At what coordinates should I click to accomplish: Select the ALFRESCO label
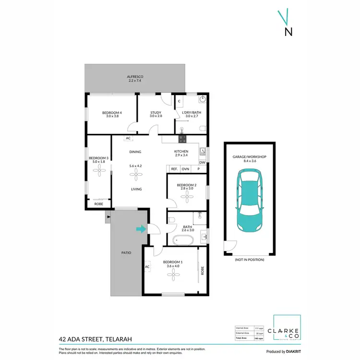pyautogui.click(x=135, y=79)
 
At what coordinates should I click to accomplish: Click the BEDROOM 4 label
pyautogui.click(x=112, y=114)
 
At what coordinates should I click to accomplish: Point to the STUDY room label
pyautogui.click(x=156, y=114)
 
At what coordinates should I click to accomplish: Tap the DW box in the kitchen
pyautogui.click(x=202, y=162)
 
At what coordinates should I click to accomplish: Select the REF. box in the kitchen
pyautogui.click(x=174, y=169)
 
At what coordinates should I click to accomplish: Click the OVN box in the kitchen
pyautogui.click(x=186, y=169)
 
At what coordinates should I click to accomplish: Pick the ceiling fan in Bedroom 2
pyautogui.click(x=186, y=198)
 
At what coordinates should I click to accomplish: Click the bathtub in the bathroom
pyautogui.click(x=182, y=240)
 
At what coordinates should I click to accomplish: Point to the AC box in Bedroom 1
pyautogui.click(x=147, y=266)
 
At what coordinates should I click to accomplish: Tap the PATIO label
pyautogui.click(x=126, y=252)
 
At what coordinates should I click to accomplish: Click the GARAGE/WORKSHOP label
pyautogui.click(x=249, y=158)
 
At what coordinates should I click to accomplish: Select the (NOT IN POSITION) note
pyautogui.click(x=249, y=260)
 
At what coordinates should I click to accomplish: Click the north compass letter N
pyautogui.click(x=288, y=32)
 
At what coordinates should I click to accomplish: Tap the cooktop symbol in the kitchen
pyautogui.click(x=182, y=139)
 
